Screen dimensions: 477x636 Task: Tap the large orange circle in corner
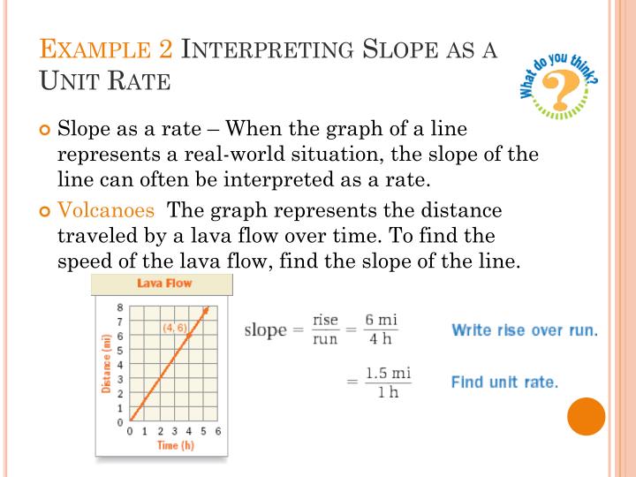click(587, 416)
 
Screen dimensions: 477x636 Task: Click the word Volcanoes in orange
click(106, 211)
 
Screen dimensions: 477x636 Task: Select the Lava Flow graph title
click(163, 284)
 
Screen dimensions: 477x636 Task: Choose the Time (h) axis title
click(175, 445)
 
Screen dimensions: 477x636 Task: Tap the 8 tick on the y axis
click(120, 307)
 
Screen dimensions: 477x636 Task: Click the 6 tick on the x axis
click(217, 431)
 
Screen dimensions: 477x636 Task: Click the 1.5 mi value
click(389, 373)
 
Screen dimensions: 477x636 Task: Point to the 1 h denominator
click(388, 393)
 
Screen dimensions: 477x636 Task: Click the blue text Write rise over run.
click(525, 330)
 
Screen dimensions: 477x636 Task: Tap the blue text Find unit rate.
click(504, 382)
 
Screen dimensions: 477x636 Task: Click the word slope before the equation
click(265, 330)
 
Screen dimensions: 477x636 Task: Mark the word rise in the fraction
click(325, 320)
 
